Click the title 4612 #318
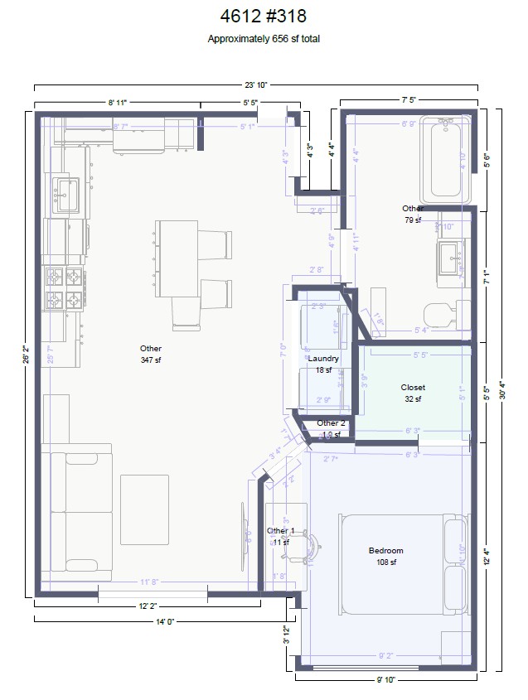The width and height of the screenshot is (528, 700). tap(264, 16)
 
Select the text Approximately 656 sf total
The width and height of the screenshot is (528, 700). tap(264, 39)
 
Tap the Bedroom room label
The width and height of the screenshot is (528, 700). tap(385, 551)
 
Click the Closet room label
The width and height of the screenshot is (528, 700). tap(413, 388)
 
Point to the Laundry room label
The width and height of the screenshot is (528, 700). tap(323, 359)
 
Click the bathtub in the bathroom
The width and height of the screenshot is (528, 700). tap(445, 160)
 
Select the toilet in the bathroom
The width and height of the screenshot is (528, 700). tap(438, 315)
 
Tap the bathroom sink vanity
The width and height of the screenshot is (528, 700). tap(453, 258)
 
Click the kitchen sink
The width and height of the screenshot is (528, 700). tap(66, 194)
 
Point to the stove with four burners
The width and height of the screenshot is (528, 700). tap(65, 287)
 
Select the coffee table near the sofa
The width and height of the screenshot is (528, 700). tap(145, 509)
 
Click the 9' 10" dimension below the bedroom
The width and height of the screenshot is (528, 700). tap(386, 680)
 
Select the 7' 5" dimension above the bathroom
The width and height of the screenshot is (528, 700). tap(409, 99)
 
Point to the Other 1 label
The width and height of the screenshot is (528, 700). tap(279, 531)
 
